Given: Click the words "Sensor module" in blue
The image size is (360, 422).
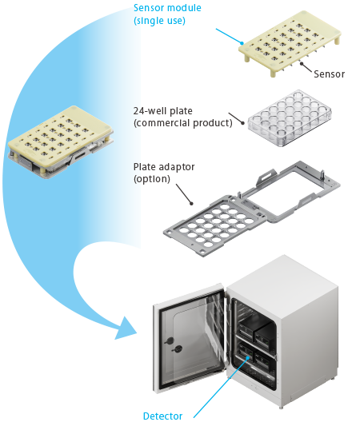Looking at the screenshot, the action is pyautogui.click(x=167, y=8).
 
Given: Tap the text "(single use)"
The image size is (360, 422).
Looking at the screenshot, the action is pyautogui.click(x=159, y=21).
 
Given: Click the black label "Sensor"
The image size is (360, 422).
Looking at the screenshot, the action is pyautogui.click(x=330, y=74).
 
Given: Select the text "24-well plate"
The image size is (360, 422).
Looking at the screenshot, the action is pyautogui.click(x=163, y=111).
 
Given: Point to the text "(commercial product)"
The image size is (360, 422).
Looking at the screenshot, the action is pyautogui.click(x=183, y=123).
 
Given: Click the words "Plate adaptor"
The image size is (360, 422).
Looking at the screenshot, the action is pyautogui.click(x=164, y=167).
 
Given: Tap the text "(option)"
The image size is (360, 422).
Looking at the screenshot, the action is pyautogui.click(x=152, y=179).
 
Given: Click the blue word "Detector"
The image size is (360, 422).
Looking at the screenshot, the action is pyautogui.click(x=162, y=416).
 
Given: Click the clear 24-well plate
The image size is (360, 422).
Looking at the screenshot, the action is pyautogui.click(x=290, y=118).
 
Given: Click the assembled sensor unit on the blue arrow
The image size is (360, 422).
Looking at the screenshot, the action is pyautogui.click(x=61, y=141).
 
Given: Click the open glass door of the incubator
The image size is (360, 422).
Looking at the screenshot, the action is pyautogui.click(x=189, y=337).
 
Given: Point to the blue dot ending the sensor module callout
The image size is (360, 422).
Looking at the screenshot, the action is pyautogui.click(x=242, y=43).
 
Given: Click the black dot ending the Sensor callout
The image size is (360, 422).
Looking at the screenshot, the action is pyautogui.click(x=302, y=63).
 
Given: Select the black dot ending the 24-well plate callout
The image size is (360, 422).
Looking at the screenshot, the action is pyautogui.click(x=242, y=123).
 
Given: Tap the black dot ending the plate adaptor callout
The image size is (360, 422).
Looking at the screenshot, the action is pyautogui.click(x=191, y=204).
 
